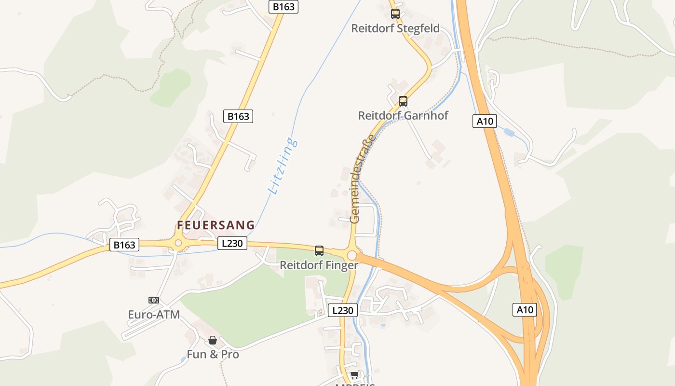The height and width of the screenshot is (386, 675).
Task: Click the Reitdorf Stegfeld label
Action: point(395,28)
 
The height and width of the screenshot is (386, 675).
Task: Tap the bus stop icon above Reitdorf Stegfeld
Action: point(395,14)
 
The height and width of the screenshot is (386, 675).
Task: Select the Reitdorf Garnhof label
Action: point(403,116)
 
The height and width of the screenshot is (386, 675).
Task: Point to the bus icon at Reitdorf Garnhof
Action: point(403,101)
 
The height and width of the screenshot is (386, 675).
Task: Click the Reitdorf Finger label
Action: point(319,265)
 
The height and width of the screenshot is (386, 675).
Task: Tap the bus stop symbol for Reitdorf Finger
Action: point(319,251)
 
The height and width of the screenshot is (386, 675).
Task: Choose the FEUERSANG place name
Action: point(216,225)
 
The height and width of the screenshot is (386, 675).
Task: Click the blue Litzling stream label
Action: point(283,166)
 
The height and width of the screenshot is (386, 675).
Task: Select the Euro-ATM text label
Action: point(154,315)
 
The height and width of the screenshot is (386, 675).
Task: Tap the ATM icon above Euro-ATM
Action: point(154,300)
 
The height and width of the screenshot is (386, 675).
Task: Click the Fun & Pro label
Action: point(213,355)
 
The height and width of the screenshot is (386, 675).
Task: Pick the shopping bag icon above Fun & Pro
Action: point(213,341)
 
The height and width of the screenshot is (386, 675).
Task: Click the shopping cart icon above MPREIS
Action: point(355,375)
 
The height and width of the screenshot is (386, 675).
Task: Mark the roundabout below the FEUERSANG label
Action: point(178,243)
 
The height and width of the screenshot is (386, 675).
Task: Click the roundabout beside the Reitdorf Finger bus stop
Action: point(352,255)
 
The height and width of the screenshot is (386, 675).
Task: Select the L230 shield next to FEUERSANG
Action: point(232,244)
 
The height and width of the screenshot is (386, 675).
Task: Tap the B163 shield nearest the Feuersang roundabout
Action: point(124,245)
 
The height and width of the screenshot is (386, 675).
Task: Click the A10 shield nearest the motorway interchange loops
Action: point(525,309)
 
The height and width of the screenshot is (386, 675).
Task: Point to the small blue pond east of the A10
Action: point(509,132)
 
